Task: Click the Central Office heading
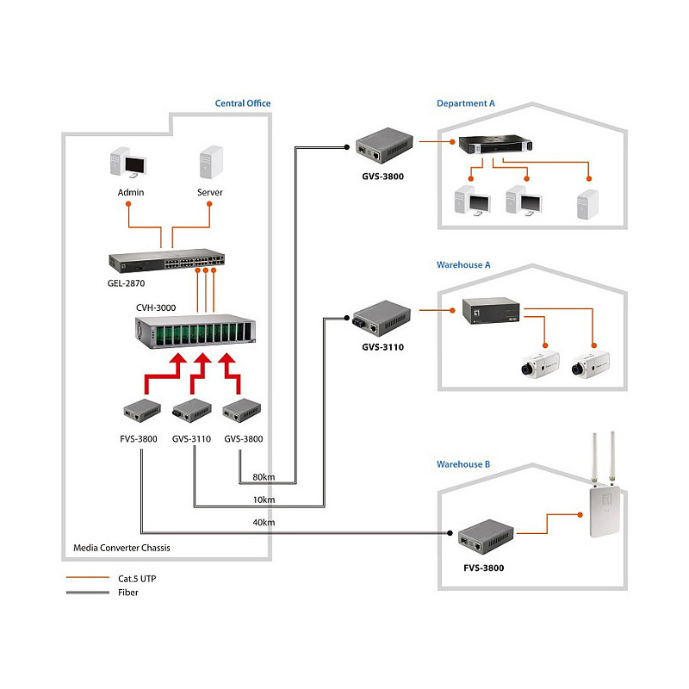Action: (x=243, y=103)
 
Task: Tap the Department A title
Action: (x=465, y=103)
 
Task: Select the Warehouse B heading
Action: (x=463, y=464)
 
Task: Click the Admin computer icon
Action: (x=127, y=163)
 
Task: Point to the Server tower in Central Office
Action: (x=211, y=162)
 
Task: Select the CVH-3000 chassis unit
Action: (x=196, y=332)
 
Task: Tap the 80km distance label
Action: (x=264, y=477)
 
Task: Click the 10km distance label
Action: (x=264, y=500)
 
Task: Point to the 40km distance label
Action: (x=264, y=523)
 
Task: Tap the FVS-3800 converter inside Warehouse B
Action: (x=486, y=537)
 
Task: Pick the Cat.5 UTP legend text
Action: (x=137, y=579)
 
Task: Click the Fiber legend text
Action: (x=127, y=593)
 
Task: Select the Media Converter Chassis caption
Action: (x=121, y=548)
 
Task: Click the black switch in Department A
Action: (x=495, y=145)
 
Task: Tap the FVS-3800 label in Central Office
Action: (x=139, y=439)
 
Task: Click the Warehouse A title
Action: (x=463, y=265)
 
